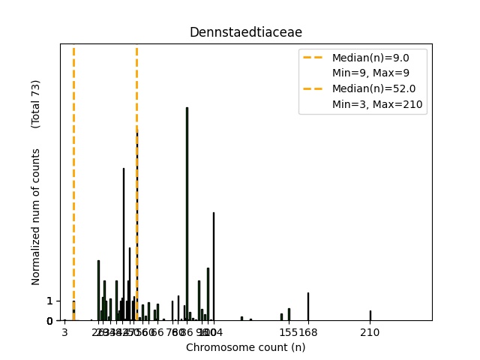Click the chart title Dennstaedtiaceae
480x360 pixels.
[x=245, y=32]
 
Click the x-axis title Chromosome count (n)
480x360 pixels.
[x=245, y=347]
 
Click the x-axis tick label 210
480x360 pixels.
[x=370, y=332]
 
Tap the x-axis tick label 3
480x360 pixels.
[x=64, y=332]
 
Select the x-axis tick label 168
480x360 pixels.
[x=308, y=332]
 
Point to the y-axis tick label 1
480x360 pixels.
[x=49, y=301]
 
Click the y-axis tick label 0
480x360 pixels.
[x=49, y=321]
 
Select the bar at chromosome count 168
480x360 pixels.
[x=307, y=307]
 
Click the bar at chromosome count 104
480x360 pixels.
[x=214, y=266]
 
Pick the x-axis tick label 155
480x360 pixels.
[x=289, y=332]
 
